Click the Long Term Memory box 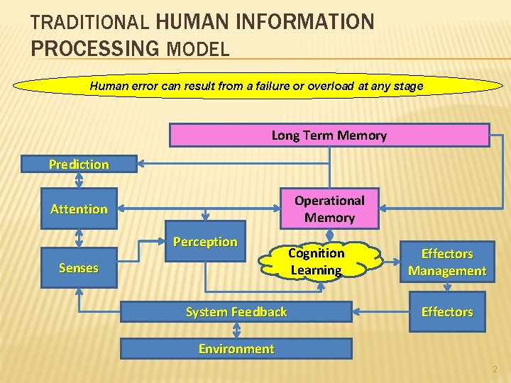pyautogui.click(x=329, y=135)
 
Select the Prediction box pyautogui.click(x=79, y=164)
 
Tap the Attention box pyautogui.click(x=79, y=209)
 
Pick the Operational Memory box pyautogui.click(x=329, y=209)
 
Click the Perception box pyautogui.click(x=205, y=242)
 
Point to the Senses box pyautogui.click(x=79, y=267)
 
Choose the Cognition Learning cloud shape pyautogui.click(x=316, y=262)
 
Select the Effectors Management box pyautogui.click(x=446, y=262)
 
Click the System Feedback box pyautogui.click(x=236, y=311)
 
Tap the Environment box pyautogui.click(x=236, y=348)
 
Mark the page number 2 pyautogui.click(x=495, y=370)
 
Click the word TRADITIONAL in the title pyautogui.click(x=89, y=23)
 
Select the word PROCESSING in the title pyautogui.click(x=95, y=49)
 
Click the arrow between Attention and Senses pyautogui.click(x=79, y=238)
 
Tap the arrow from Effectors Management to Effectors pyautogui.click(x=447, y=287)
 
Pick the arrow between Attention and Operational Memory pyautogui.click(x=199, y=209)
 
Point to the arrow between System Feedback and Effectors pyautogui.click(x=381, y=311)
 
